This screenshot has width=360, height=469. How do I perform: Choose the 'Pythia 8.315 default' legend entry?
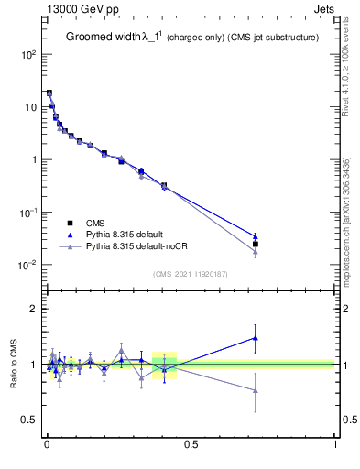point(125,235)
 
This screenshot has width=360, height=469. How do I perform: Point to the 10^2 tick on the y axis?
point(28,54)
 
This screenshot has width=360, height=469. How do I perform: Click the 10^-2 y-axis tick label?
point(28,265)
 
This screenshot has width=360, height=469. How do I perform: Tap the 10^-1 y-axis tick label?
point(28,213)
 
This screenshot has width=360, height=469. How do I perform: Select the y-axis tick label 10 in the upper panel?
point(30,107)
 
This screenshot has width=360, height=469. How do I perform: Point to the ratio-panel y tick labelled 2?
point(34,309)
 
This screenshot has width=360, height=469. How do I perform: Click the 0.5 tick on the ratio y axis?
point(28,420)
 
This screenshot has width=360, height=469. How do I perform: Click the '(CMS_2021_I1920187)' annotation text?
point(191,273)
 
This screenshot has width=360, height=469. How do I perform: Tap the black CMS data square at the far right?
point(256,245)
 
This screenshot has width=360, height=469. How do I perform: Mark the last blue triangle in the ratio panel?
point(256,338)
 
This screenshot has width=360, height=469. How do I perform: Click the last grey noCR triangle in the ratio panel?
point(256,390)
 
